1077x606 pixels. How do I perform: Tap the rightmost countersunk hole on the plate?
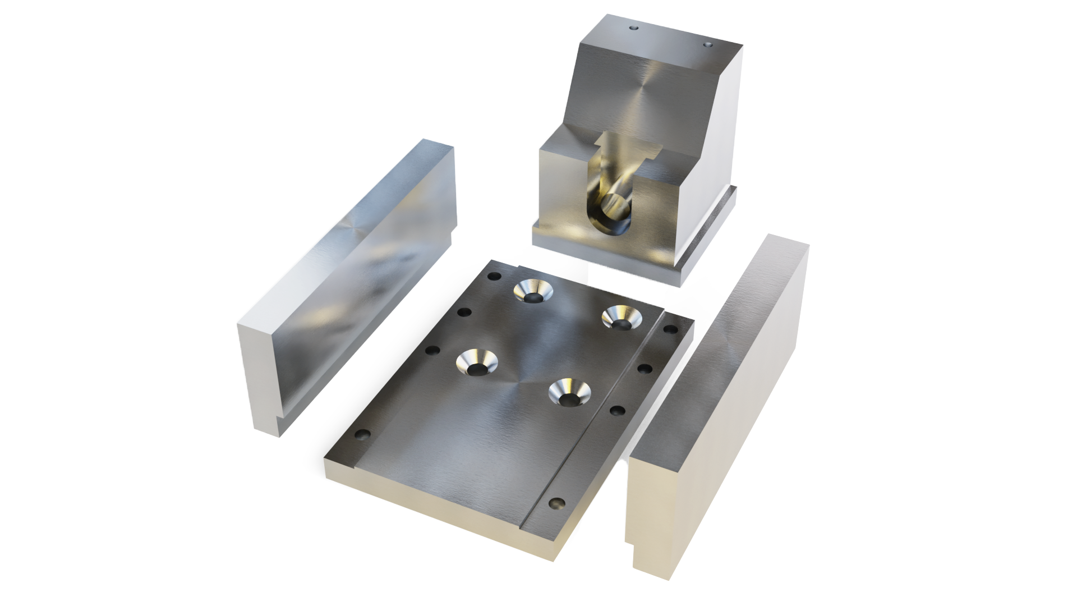pos(622,318)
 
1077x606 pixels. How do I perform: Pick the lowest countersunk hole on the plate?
pos(569,392)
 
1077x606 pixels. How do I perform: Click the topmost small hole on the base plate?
pos(494,276)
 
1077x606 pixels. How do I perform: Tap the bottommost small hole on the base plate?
pos(557,503)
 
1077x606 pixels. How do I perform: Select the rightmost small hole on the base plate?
pos(671,329)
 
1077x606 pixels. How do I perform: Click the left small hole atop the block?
pos(634,27)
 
